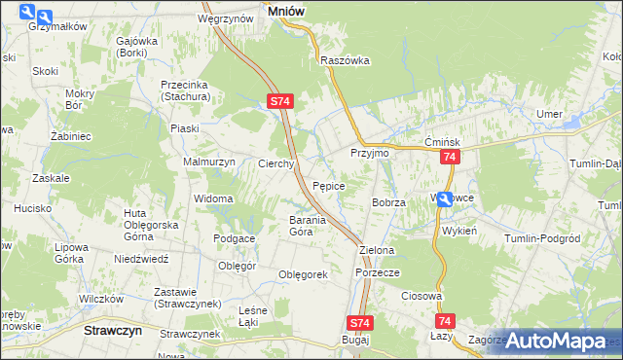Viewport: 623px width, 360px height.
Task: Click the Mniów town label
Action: click(x=283, y=10)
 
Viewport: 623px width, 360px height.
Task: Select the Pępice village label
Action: click(x=330, y=185)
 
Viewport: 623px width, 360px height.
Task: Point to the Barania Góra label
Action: click(x=287, y=227)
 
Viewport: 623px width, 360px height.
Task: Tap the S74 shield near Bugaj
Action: click(x=359, y=323)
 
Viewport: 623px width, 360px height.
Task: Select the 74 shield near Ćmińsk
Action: click(x=449, y=158)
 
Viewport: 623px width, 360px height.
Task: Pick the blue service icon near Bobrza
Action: click(x=444, y=199)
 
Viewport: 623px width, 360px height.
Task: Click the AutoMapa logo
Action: click(x=556, y=341)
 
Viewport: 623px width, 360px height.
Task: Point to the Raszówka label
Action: click(x=346, y=59)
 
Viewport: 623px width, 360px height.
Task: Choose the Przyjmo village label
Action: click(x=370, y=153)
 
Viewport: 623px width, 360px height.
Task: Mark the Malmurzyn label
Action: click(x=209, y=162)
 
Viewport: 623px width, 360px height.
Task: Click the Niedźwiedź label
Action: click(x=142, y=260)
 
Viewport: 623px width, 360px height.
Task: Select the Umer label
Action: click(x=550, y=114)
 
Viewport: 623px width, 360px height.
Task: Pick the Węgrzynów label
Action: click(x=220, y=18)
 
